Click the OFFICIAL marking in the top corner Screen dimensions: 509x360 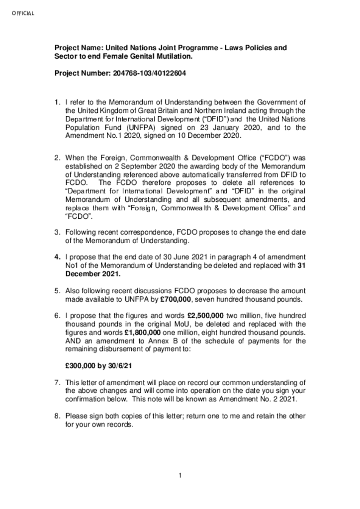[x=23, y=13]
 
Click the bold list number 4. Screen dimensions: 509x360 [x=57, y=256]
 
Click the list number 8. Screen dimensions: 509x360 [x=57, y=416]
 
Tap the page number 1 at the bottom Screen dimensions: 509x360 [x=180, y=475]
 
